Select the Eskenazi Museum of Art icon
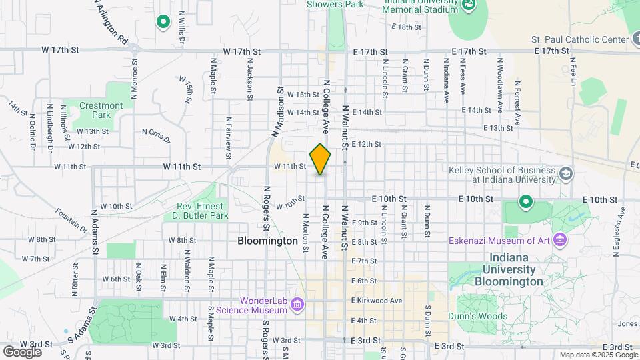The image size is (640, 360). tap(559, 239)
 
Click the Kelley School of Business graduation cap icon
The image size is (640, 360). tap(566, 174)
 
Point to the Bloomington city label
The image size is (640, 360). tap(267, 241)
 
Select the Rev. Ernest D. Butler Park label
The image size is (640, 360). tap(203, 211)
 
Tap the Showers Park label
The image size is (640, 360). tap(335, 5)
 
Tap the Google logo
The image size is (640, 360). tap(22, 351)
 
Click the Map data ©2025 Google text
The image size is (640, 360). tap(597, 355)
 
